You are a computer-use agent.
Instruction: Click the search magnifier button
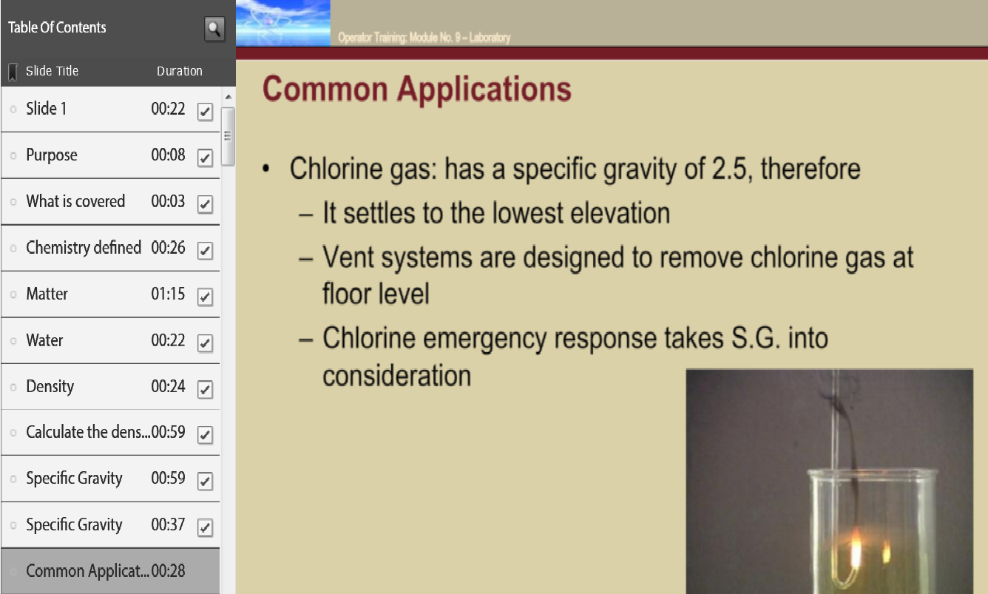[x=214, y=29]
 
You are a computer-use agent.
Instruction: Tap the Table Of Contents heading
[x=57, y=27]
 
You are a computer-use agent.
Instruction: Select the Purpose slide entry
[x=52, y=155]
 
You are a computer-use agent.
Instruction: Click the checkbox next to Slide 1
[x=205, y=111]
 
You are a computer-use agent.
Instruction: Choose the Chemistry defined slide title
[x=84, y=248]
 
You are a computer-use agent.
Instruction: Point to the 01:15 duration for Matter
[x=168, y=294]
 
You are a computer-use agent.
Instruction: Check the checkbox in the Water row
[x=205, y=343]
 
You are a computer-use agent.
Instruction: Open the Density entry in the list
[x=50, y=387]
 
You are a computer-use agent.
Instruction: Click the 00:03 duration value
[x=168, y=201]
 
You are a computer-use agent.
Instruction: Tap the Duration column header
[x=180, y=71]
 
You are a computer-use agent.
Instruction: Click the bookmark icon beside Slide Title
[x=13, y=72]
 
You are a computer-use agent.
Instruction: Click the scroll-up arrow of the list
[x=228, y=97]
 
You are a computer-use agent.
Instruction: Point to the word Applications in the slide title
[x=484, y=90]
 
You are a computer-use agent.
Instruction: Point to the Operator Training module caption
[x=424, y=38]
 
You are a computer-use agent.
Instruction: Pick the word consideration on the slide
[x=397, y=376]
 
